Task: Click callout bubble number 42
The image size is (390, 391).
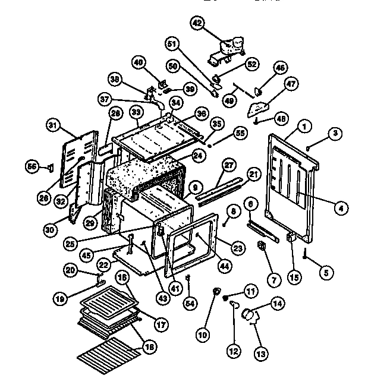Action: [x=197, y=23]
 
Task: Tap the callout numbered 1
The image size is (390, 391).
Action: [x=304, y=125]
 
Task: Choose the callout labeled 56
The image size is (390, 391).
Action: [x=32, y=167]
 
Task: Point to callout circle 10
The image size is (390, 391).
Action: [x=203, y=335]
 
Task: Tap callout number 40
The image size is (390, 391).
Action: [x=138, y=62]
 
